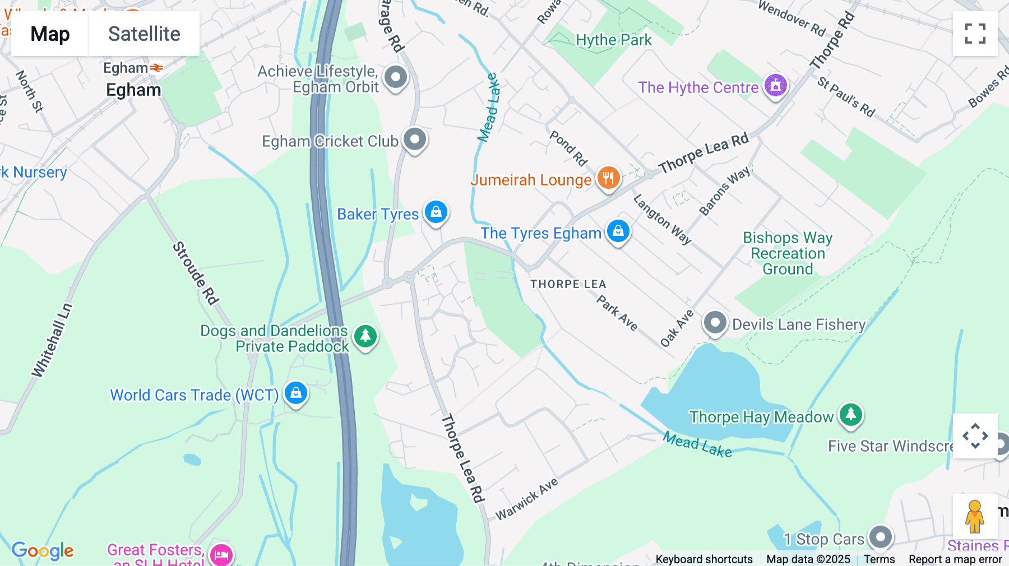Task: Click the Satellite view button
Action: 144,34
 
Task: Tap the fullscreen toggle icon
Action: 975,34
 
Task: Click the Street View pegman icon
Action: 974,517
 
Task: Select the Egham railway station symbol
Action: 156,68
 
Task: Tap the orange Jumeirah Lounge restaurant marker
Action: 608,179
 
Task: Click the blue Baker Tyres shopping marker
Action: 436,212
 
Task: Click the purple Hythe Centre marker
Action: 775,86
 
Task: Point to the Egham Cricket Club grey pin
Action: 415,139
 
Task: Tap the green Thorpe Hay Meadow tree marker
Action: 850,415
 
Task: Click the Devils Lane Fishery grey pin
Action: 715,323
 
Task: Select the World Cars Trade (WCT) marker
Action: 295,393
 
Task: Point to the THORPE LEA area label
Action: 568,284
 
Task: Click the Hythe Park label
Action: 614,40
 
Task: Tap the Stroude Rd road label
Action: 195,273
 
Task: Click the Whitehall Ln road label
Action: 52,340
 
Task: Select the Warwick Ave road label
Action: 527,499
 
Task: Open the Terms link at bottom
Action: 879,559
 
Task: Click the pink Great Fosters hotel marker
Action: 221,555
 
